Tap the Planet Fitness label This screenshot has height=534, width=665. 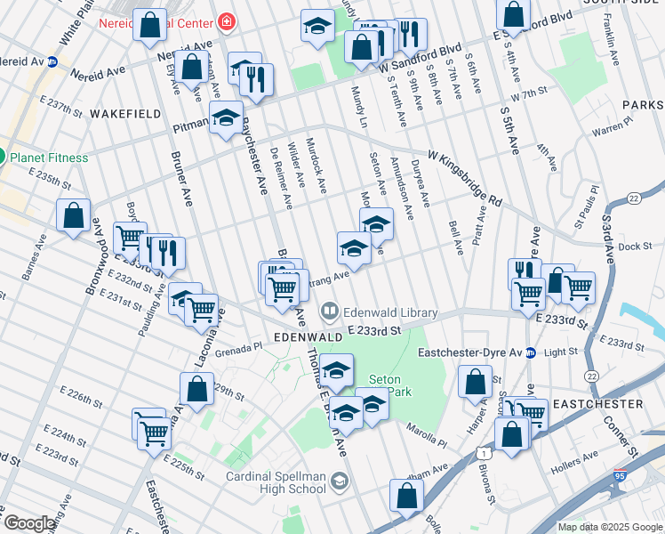49,158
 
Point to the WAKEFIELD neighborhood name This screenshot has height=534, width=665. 124,114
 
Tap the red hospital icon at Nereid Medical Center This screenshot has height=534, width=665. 228,20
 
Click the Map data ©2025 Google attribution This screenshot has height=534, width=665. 610,527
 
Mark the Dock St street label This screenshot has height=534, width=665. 635,247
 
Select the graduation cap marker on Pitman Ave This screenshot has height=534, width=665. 227,118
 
